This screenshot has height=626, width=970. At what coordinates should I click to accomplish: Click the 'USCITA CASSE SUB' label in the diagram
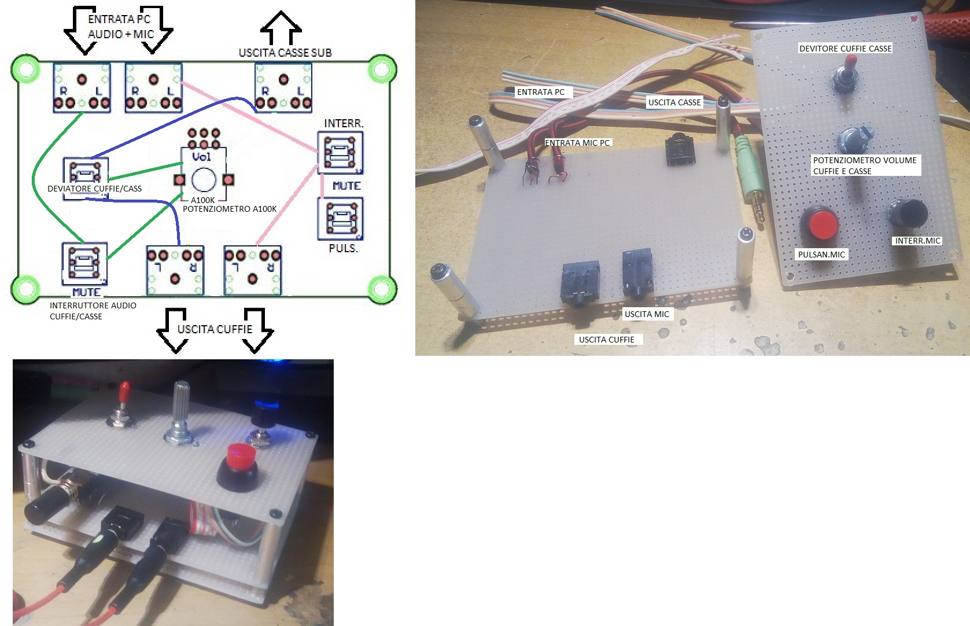point(285,53)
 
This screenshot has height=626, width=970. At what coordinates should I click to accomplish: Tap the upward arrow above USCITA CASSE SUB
point(281,28)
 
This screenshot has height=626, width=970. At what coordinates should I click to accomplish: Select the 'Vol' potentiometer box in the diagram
point(204,175)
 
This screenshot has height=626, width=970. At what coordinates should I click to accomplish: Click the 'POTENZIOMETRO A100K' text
point(230,209)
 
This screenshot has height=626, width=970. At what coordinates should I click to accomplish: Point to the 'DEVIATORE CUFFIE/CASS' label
point(94,189)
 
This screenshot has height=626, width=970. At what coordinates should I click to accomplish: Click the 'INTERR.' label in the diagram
point(344,123)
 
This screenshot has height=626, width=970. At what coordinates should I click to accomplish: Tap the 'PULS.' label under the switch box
point(343,248)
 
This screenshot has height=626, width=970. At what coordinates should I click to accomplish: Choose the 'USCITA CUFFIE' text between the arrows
point(215,329)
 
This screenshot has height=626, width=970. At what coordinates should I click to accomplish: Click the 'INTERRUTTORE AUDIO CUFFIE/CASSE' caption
point(93,311)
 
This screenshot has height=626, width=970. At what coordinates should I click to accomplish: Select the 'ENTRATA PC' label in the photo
point(541,92)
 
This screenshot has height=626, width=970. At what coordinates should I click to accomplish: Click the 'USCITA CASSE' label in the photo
point(674,102)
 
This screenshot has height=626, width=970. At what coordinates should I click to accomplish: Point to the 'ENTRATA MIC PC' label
point(577,143)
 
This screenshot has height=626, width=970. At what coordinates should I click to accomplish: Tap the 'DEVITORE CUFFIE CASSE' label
point(845,49)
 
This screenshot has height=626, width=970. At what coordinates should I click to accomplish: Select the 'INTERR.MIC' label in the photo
point(917,241)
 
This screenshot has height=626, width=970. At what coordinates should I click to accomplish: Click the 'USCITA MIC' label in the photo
point(647,314)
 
